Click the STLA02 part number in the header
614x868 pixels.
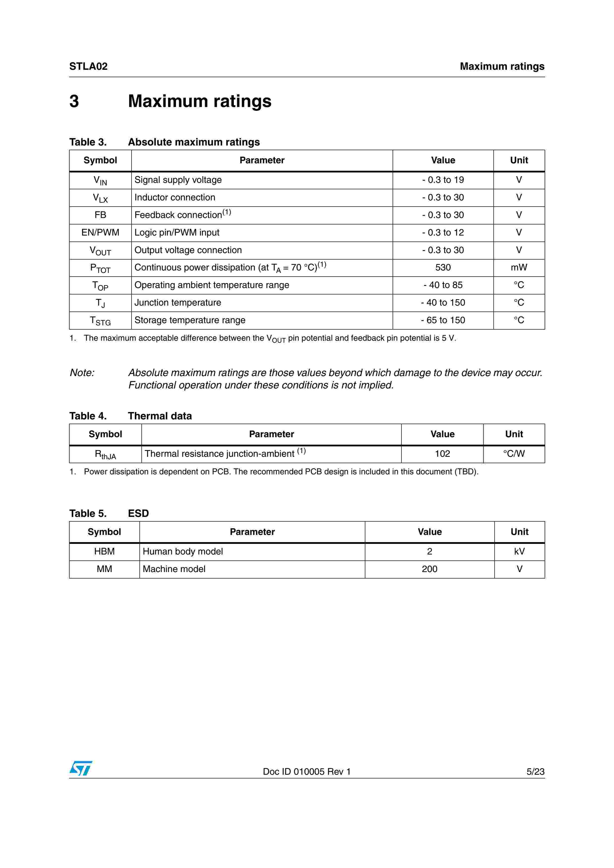point(88,67)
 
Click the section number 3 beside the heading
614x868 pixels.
point(74,101)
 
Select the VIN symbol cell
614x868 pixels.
point(100,181)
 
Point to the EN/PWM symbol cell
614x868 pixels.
point(100,233)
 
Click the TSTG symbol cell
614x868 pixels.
point(100,321)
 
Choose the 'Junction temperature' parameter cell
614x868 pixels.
point(178,303)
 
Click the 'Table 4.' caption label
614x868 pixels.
point(88,416)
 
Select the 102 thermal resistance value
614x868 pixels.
point(442,454)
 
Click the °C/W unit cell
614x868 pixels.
point(514,454)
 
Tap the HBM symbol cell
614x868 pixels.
point(105,552)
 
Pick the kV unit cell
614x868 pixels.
point(519,552)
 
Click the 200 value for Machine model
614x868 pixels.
point(429,569)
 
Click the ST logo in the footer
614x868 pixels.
point(80,769)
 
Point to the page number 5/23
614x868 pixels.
point(535,772)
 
